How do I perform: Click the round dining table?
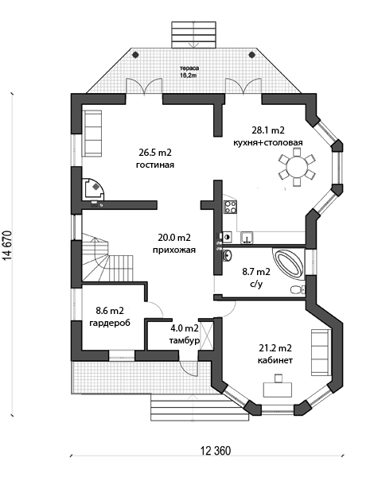pos(297,167)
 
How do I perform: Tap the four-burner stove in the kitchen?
pos(231,207)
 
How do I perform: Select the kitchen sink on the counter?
pos(247,238)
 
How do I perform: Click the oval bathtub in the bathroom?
pos(289,263)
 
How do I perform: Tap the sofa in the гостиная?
pos(92,134)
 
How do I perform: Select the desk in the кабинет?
pos(278,390)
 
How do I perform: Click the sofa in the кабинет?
pos(321,352)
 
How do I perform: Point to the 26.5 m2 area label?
pos(155,153)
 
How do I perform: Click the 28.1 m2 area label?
pos(268,130)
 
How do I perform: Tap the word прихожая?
pos(174,250)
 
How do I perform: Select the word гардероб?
pos(110,323)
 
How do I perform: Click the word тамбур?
pos(185,340)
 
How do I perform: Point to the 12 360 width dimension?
pos(216,451)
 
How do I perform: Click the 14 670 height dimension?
pos(8,245)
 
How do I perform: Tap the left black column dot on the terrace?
pos(135,55)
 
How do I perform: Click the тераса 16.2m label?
pos(188,72)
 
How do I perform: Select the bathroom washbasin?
pos(228,255)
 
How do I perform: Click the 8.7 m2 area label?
pos(256,271)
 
